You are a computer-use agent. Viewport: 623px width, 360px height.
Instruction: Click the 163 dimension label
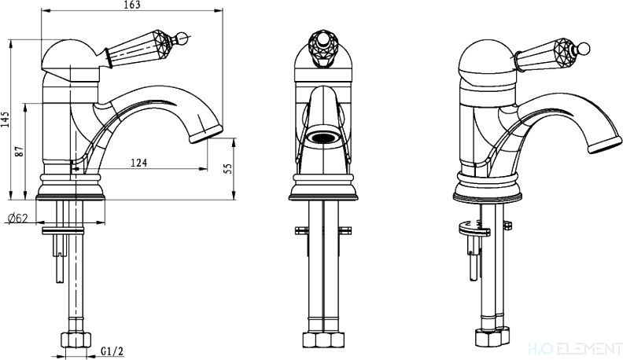[x=132, y=5]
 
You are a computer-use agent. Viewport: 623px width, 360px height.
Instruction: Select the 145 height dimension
[x=5, y=119]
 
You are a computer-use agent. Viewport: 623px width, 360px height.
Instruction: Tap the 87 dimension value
[x=20, y=151]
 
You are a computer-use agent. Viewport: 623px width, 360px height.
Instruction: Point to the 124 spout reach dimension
[x=138, y=163]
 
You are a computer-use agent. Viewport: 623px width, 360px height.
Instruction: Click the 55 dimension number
[x=227, y=169]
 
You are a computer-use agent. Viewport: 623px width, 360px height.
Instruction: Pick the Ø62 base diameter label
[x=17, y=218]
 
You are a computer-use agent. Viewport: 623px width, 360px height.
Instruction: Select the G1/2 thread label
[x=112, y=351]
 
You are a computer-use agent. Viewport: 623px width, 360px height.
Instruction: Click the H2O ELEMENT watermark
[x=574, y=349]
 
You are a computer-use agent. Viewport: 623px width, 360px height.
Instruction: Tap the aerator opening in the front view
[x=323, y=138]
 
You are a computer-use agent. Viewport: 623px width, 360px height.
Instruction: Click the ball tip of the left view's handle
[x=182, y=39]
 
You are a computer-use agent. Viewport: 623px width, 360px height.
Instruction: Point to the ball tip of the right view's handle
[x=584, y=49]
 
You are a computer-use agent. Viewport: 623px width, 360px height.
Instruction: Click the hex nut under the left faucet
[x=76, y=340]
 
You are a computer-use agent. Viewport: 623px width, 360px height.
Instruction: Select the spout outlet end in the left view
[x=206, y=134]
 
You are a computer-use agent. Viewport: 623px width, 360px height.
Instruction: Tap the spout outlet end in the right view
[x=605, y=145]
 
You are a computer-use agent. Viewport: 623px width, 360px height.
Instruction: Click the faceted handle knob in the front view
[x=323, y=47]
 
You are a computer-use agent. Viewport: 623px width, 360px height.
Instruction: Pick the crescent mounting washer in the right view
[x=474, y=228]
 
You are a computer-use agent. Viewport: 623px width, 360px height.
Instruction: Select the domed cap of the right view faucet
[x=487, y=57]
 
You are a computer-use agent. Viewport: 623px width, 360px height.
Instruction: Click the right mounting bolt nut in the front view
[x=345, y=230]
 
